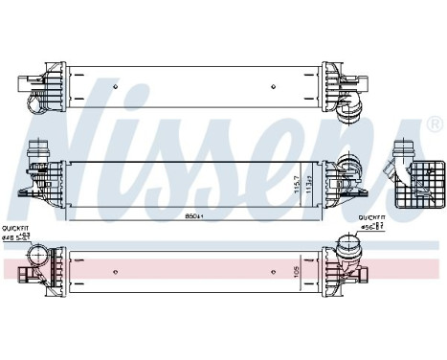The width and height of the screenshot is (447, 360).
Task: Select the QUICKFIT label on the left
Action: pyautogui.click(x=15, y=227)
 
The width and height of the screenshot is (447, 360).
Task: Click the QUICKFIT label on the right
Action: pyautogui.click(x=371, y=217)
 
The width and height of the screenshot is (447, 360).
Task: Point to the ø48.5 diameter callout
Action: pyautogui.click(x=16, y=236)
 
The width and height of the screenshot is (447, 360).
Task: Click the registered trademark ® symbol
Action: pyautogui.click(x=433, y=125)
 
